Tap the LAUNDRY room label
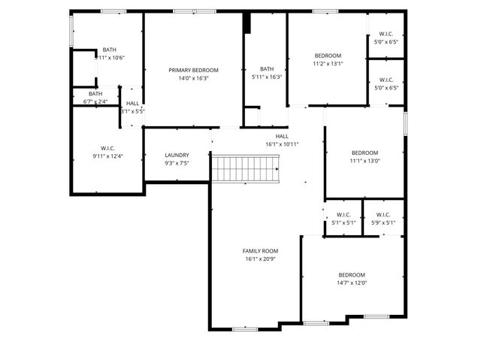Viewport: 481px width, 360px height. (x=177, y=155)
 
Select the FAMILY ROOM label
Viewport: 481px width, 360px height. (x=260, y=250)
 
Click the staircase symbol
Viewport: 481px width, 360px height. (x=245, y=168)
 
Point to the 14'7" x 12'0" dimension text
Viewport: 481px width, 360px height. (x=351, y=283)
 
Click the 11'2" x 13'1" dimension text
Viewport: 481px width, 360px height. (x=328, y=64)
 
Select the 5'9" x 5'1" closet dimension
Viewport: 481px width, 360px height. (x=383, y=222)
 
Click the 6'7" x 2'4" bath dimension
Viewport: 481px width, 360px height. (x=95, y=101)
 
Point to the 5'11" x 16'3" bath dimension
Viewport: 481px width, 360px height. (x=266, y=77)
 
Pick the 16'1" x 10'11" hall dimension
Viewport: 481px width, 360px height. (x=282, y=144)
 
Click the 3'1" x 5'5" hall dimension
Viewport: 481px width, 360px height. (x=132, y=111)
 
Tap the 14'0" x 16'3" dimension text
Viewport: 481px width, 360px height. (x=193, y=77)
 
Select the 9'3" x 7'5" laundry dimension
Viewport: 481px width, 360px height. (x=177, y=163)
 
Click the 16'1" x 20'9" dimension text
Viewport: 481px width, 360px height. (x=260, y=259)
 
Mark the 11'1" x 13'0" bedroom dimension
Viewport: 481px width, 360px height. (x=365, y=160)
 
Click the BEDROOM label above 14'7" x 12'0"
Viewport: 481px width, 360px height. (x=351, y=274)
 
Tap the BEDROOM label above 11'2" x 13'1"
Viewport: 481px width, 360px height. (x=328, y=56)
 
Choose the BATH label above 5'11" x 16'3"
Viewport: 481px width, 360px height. (x=266, y=68)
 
